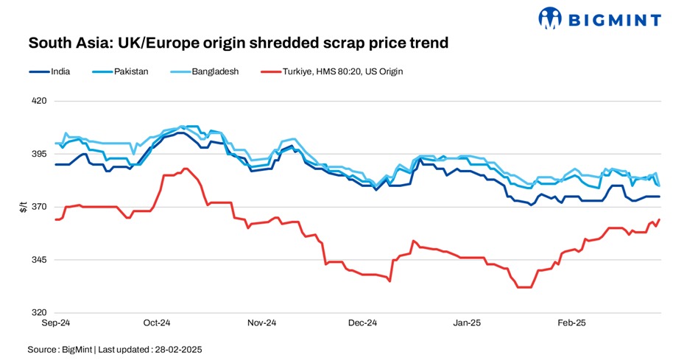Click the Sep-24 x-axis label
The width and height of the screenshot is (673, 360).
click(x=54, y=323)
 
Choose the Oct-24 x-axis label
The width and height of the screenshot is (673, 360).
click(x=157, y=323)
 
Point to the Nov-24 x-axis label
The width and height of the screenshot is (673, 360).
click(x=261, y=323)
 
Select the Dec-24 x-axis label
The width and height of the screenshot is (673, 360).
click(x=362, y=323)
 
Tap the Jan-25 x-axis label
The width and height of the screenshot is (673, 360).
click(x=467, y=323)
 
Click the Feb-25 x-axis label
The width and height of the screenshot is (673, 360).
click(x=571, y=323)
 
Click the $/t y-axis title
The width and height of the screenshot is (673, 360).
click(x=23, y=207)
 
